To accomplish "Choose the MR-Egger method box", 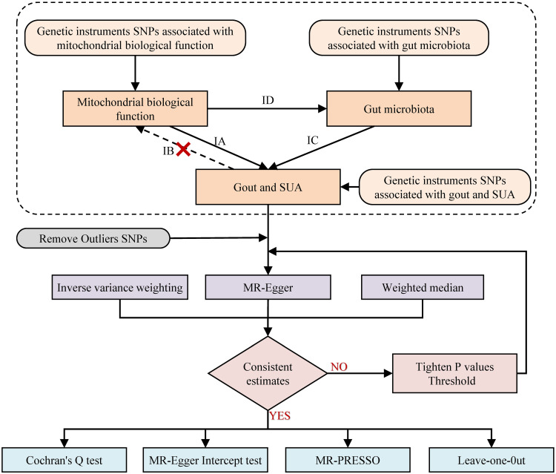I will point(268,286).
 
